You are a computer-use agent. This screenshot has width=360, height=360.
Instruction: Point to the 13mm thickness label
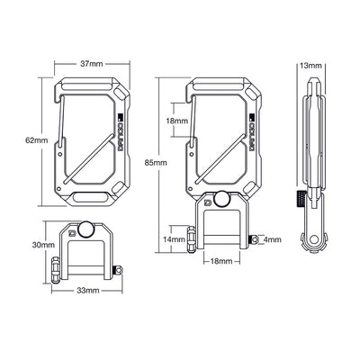point(310,65)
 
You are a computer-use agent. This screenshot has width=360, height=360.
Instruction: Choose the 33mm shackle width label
point(86,292)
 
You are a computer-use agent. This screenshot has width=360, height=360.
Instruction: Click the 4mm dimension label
point(274,238)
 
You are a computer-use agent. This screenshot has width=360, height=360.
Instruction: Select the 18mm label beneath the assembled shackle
point(221,262)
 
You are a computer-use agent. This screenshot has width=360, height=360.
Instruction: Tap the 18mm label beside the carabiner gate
point(176,121)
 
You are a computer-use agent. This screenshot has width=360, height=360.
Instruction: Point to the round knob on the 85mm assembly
point(221,203)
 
